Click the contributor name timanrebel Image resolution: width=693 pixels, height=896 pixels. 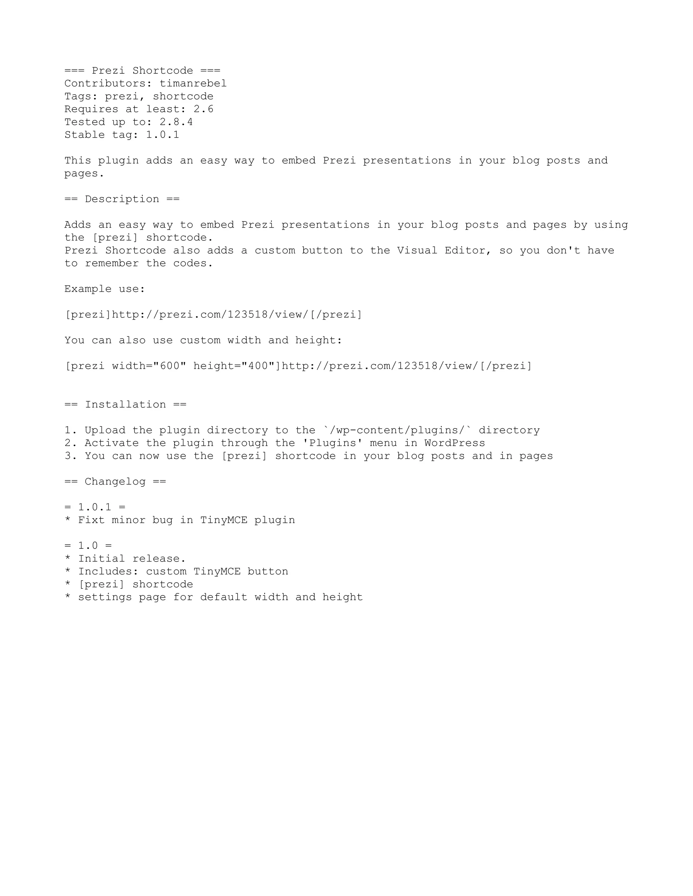(x=193, y=84)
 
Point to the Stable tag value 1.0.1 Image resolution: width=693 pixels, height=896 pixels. (x=162, y=135)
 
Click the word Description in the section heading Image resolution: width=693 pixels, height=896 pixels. (x=122, y=199)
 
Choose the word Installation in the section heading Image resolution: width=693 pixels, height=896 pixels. (x=125, y=405)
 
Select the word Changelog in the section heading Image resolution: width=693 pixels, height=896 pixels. (x=115, y=481)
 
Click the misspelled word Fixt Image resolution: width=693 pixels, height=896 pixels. (x=91, y=520)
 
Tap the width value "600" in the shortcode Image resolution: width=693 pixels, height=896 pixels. (x=170, y=366)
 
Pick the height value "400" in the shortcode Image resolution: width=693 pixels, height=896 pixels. (x=258, y=366)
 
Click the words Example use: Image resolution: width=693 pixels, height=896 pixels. (x=105, y=289)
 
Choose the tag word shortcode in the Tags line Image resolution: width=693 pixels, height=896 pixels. (x=183, y=97)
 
